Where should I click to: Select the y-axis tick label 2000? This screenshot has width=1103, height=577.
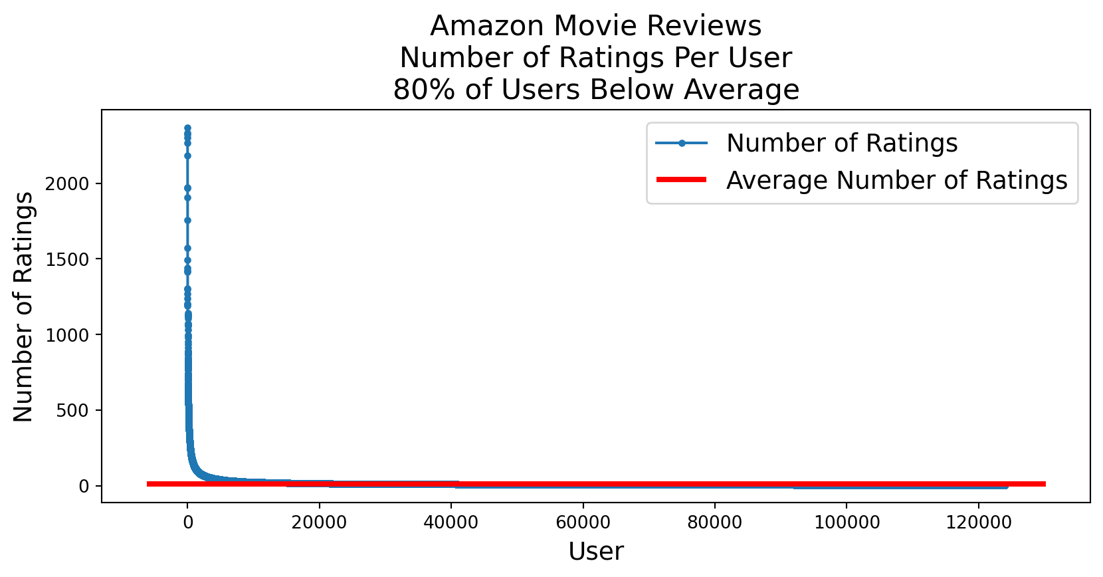coord(66,184)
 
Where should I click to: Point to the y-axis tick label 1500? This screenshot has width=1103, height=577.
coord(66,260)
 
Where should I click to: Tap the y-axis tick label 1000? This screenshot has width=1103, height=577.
coord(66,336)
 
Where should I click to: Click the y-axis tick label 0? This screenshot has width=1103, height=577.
coord(84,487)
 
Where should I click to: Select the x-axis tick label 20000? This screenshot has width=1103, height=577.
coord(320,522)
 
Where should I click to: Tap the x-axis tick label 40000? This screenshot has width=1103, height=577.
coord(451,522)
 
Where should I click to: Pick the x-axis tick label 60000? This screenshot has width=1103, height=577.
coord(583,522)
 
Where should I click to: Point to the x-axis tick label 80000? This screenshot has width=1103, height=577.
coord(714,522)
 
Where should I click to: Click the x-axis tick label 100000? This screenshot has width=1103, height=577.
coord(847,522)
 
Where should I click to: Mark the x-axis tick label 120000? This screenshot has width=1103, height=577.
coord(978,522)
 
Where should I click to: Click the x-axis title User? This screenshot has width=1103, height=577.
coord(596,552)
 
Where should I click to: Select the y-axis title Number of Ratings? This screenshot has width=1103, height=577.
coord(24,306)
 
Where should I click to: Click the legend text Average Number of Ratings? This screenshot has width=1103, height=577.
coord(896,180)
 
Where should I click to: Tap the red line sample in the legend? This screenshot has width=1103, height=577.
coord(681,179)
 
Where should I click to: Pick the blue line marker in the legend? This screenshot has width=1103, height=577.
coord(682,143)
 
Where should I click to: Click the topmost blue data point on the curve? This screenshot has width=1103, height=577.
coord(187,128)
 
